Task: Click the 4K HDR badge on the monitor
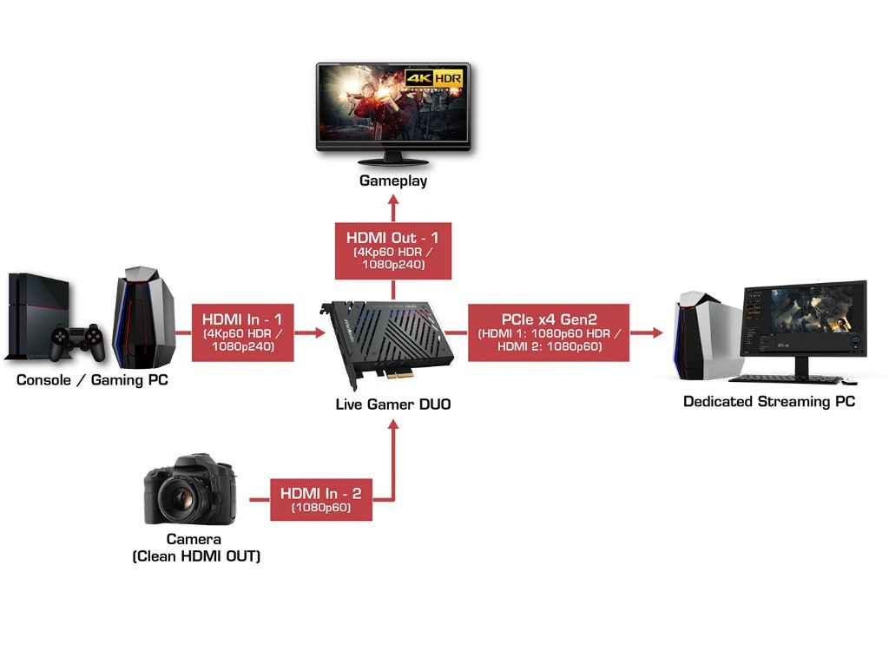(438, 78)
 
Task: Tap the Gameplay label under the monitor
(393, 181)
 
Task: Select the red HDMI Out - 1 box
(393, 250)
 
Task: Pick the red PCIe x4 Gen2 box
(548, 332)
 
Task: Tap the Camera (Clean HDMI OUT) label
(196, 548)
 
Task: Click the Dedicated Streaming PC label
(768, 401)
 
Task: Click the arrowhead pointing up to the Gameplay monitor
(393, 206)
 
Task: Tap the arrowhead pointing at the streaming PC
(656, 332)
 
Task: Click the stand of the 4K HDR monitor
(393, 159)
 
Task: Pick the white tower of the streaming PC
(698, 333)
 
